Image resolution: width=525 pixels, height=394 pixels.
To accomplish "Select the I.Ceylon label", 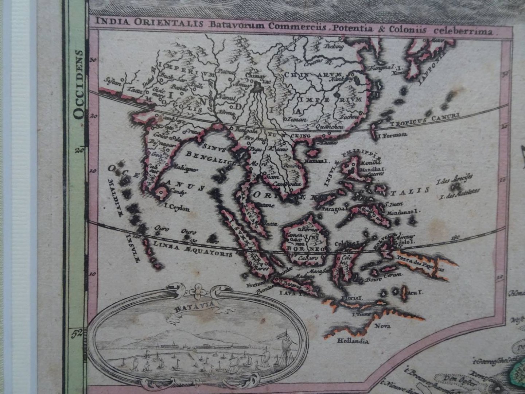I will point(177,209).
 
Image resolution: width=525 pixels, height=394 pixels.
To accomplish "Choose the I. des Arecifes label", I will point(456,178).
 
